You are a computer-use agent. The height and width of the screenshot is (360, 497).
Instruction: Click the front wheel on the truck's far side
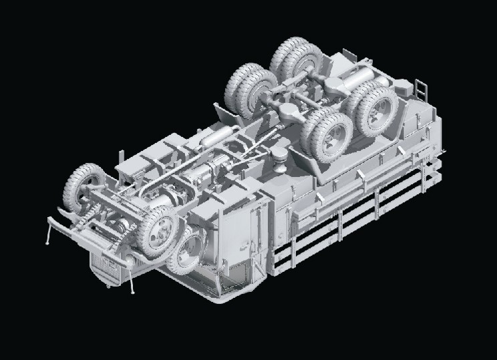click(x=82, y=185)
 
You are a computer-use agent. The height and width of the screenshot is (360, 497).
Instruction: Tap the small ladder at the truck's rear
click(x=422, y=87)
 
